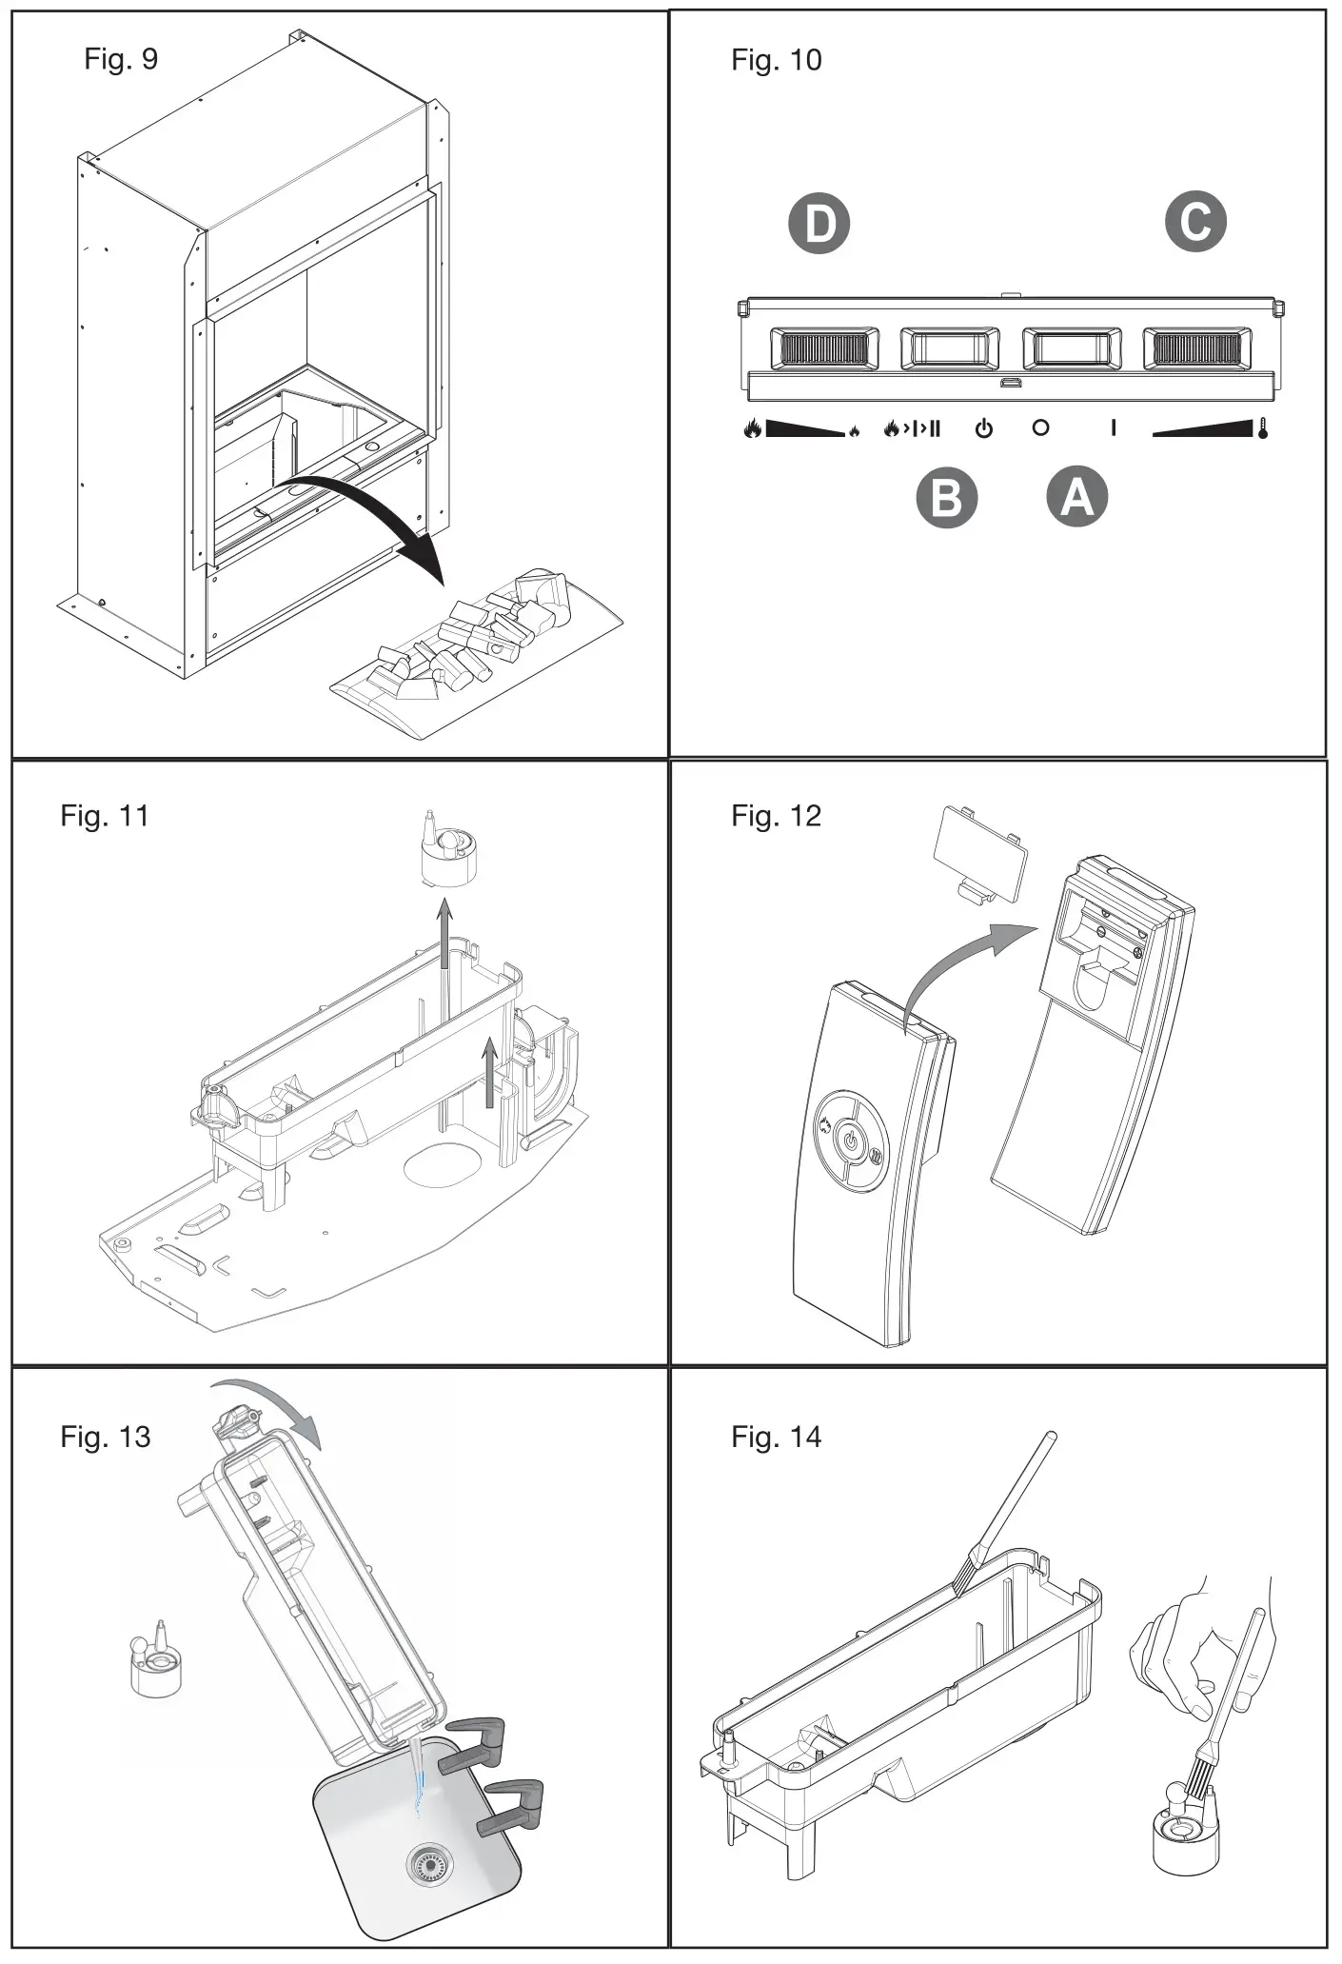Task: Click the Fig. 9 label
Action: (x=121, y=59)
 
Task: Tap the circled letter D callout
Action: (x=819, y=224)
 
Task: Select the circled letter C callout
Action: (x=1195, y=222)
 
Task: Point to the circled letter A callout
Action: (x=1077, y=496)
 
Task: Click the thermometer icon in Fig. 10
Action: (x=1262, y=428)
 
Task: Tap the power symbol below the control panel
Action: (x=984, y=428)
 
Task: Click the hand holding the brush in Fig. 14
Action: (x=1190, y=1637)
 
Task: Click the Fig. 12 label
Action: (x=776, y=816)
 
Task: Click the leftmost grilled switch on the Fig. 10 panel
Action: (x=823, y=349)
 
